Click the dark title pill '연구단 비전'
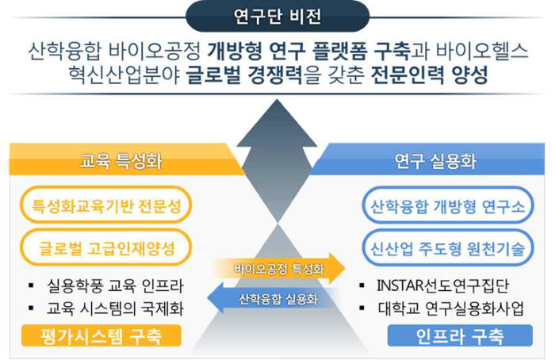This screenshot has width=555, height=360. (277, 17)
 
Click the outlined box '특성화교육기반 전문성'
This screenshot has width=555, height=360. (106, 205)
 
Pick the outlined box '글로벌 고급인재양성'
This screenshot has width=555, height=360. (106, 247)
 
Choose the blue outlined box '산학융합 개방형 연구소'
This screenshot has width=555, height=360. (447, 205)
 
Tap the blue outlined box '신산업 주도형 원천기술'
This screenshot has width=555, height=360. (447, 248)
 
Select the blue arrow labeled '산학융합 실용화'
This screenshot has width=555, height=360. (274, 299)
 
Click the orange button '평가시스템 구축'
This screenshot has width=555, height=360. (101, 335)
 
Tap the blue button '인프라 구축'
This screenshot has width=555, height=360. (460, 335)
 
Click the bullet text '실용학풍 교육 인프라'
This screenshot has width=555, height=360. (115, 285)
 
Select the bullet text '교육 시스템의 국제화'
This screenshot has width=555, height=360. (115, 308)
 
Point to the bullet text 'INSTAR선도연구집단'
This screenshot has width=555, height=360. (442, 285)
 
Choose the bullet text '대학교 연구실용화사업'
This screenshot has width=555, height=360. (450, 308)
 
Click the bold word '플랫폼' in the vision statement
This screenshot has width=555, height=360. (340, 51)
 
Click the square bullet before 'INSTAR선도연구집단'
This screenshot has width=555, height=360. (362, 285)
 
